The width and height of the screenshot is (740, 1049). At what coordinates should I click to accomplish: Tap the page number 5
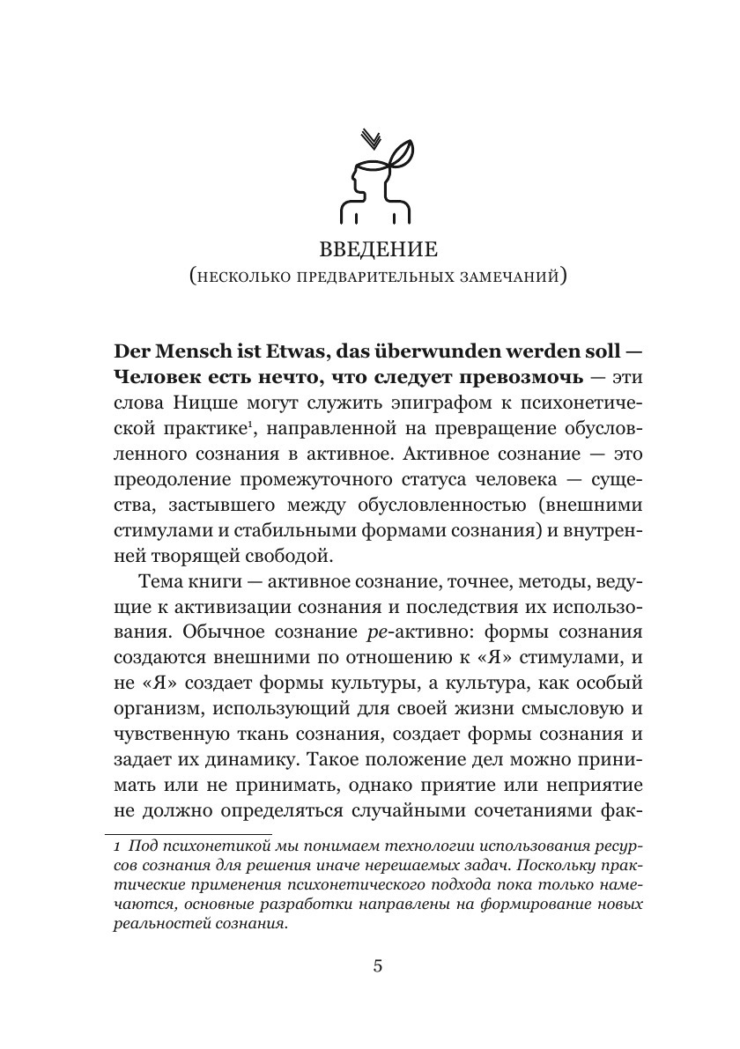377,966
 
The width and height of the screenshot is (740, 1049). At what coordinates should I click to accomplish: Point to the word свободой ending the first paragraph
296,556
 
